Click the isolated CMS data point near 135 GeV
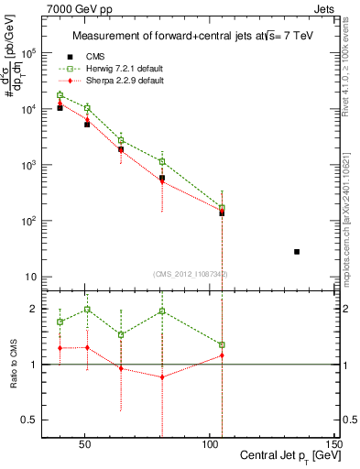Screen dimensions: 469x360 pos(296,251)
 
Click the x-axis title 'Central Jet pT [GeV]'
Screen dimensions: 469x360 pos(289,455)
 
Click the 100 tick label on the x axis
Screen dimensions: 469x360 pos(210,442)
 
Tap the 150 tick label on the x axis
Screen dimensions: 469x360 pos(334,442)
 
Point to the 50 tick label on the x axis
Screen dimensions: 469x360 pos(85,442)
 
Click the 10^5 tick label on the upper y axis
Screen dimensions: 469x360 pos(27,53)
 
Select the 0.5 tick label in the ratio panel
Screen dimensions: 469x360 pos(27,420)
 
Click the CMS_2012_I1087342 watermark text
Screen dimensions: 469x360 pos(191,272)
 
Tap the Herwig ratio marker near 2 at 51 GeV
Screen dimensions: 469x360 pos(87,310)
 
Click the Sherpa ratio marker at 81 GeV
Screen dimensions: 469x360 pos(162,377)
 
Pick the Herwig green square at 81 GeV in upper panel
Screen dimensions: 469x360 pos(162,161)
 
